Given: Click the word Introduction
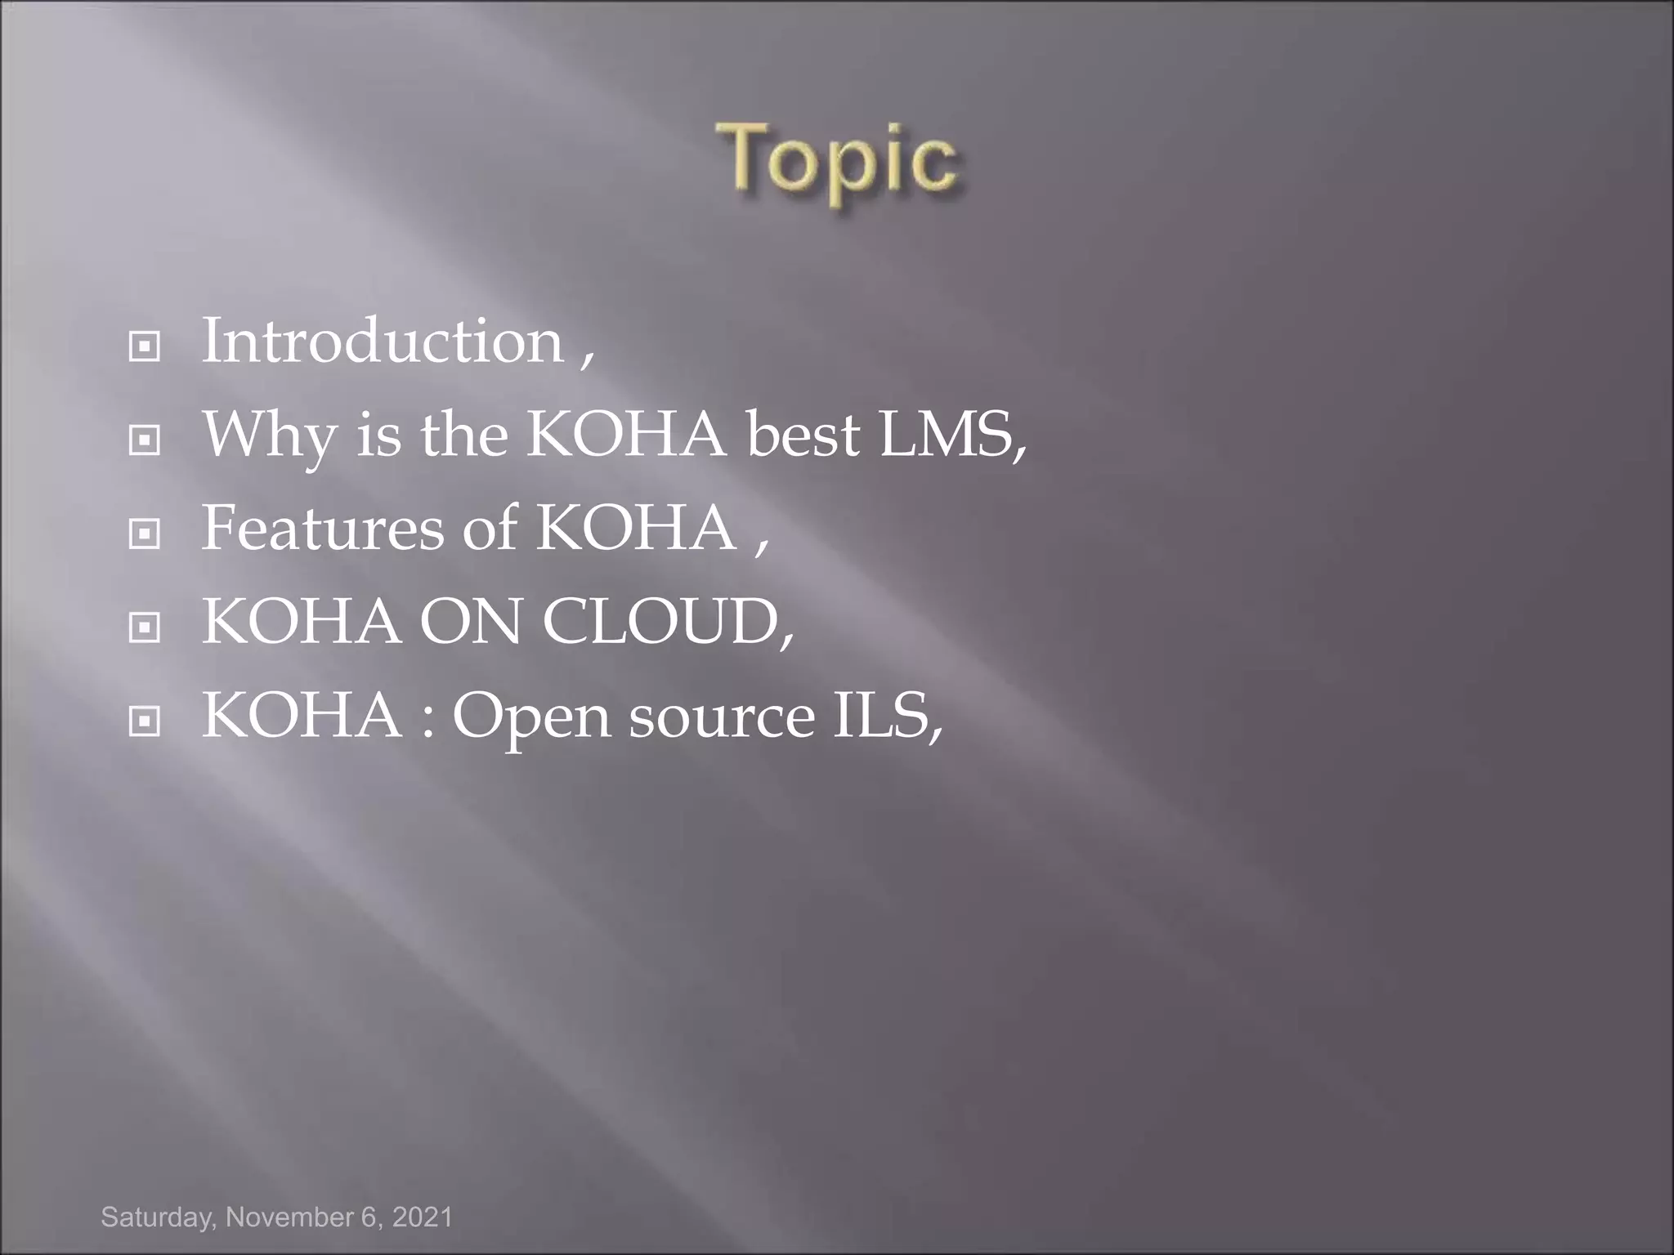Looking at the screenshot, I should click(383, 341).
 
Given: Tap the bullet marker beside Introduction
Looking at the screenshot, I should click(145, 348).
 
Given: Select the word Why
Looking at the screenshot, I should click(269, 435).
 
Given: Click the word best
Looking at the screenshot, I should click(803, 435).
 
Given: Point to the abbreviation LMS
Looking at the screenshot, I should click(948, 435).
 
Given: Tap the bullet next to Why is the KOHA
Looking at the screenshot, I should click(145, 442).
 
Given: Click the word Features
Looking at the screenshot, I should click(323, 528).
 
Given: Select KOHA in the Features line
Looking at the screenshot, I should click(636, 528).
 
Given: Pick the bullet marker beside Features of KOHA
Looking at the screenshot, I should click(145, 535).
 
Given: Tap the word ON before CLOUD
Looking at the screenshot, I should click(470, 622).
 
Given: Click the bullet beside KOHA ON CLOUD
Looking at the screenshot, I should click(145, 628).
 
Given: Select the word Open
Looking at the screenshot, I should click(531, 717).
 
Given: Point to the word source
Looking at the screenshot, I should click(722, 717).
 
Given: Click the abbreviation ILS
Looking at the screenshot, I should click(883, 716).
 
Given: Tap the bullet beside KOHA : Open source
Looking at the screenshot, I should click(145, 722).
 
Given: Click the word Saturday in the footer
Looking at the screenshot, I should click(157, 1217).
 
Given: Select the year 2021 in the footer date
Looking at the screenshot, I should click(422, 1217).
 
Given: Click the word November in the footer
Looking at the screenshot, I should click(289, 1217).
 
